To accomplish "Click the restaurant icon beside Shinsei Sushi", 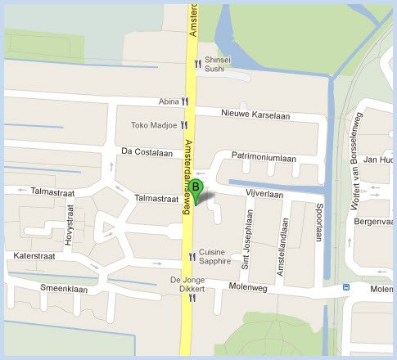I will (x=197, y=64).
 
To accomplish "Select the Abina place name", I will (x=169, y=102).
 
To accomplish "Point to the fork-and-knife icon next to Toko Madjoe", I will (x=184, y=125).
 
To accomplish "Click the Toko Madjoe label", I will (x=153, y=125).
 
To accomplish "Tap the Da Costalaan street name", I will (x=147, y=152).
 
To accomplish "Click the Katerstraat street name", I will (x=35, y=256).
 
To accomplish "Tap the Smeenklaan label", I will (x=64, y=287).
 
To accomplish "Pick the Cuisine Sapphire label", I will (x=216, y=256).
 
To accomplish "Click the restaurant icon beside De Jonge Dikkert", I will (x=192, y=299).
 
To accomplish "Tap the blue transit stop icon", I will (x=345, y=288).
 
